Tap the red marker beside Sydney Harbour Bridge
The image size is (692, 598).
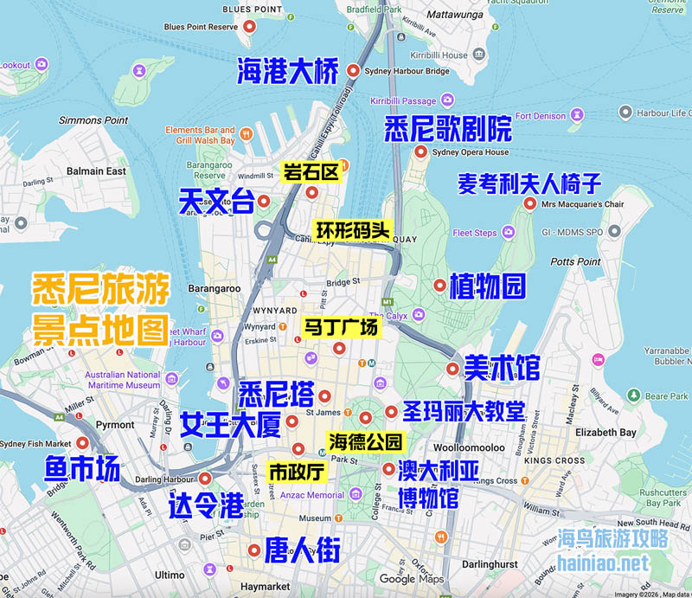pos(353,70)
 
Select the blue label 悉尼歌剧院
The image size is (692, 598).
pos(447,130)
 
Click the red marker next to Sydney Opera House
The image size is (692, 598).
pos(421,152)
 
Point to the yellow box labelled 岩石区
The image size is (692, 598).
pos(310,171)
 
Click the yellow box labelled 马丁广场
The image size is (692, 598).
pos(340,328)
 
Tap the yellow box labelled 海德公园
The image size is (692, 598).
pos(365,441)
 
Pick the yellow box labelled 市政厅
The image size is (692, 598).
pos(297,472)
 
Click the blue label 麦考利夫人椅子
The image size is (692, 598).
pos(529,183)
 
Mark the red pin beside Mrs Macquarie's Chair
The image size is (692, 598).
pos(529,204)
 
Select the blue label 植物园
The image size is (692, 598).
pos(487,286)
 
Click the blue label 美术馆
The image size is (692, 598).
pos(502,368)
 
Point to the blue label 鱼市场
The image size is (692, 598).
pos(82,469)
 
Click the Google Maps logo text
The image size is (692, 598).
pos(411,579)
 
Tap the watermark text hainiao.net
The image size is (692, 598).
pos(604,563)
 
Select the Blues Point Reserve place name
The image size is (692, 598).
pos(201,27)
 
